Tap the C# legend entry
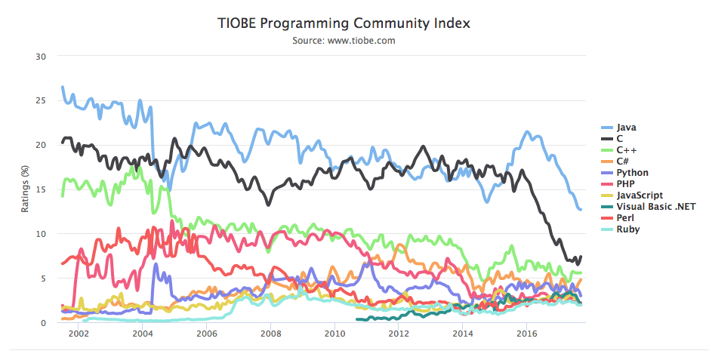pos(623,162)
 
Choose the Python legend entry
pos(632,173)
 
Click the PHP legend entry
pos(625,184)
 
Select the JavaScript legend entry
pos(639,195)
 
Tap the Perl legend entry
pos(625,218)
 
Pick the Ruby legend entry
pos(627,229)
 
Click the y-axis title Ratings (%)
pos(25,189)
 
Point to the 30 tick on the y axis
pos(41,57)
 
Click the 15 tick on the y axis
pos(41,189)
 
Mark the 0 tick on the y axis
pos(44,323)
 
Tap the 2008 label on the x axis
pos(270,333)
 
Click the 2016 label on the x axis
pos(527,333)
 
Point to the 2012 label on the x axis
pos(399,333)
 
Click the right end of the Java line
pos(580,209)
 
